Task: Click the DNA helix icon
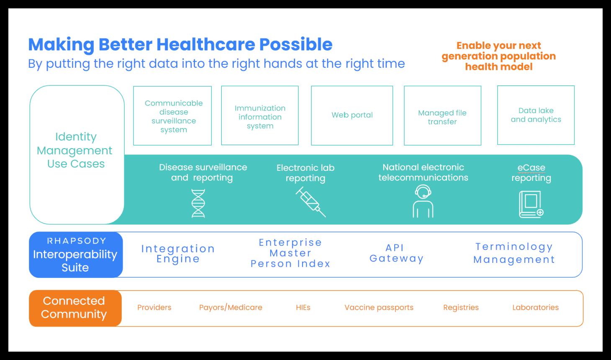pos(198,203)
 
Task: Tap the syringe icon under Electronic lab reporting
pos(311,202)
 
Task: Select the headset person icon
pos(423,201)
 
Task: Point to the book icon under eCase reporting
pos(531,204)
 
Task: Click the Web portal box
pos(352,116)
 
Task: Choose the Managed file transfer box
pos(442,116)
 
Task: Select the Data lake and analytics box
pos(536,115)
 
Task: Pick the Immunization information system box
pos(259,116)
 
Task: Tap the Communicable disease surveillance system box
pos(172,116)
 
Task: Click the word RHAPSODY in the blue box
pos(76,241)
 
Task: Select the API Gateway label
pos(396,253)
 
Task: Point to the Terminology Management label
pos(514,253)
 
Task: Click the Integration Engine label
pos(178,254)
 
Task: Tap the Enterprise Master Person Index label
pos(290,253)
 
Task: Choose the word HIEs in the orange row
pos(303,308)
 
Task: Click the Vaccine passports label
pos(379,308)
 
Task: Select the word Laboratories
pos(535,308)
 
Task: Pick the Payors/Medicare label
pos(231,308)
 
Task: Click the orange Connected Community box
pos(75,308)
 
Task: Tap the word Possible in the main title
pos(296,44)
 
